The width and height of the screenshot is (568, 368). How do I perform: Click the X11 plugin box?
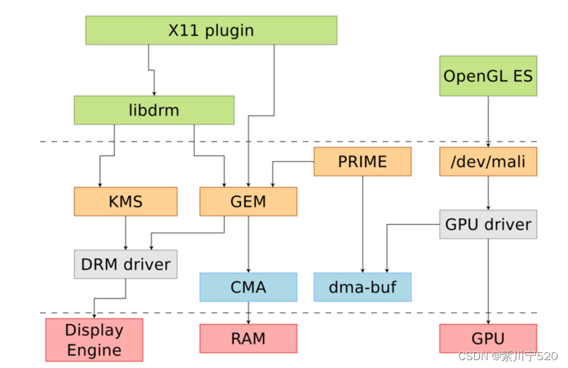point(211,30)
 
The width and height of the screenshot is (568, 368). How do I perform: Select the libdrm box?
point(154,110)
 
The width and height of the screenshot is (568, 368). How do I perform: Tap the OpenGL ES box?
point(488,76)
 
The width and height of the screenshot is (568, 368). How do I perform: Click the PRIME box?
point(362,161)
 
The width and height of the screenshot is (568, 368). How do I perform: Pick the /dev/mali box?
point(488,161)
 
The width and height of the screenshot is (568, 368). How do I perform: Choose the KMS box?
point(125,201)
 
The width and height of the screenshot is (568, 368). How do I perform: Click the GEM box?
point(248,201)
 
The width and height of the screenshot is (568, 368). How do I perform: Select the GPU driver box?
point(488,224)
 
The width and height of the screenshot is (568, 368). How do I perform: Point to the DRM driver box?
point(125,264)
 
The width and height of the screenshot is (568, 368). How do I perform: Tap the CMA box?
point(248,287)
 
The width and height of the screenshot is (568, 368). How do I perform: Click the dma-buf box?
point(362,287)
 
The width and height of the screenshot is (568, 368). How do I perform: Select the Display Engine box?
point(94,340)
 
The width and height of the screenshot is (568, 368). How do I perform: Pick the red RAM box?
point(248,338)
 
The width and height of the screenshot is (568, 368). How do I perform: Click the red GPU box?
point(488,338)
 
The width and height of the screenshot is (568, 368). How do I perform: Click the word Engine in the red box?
point(94,350)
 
